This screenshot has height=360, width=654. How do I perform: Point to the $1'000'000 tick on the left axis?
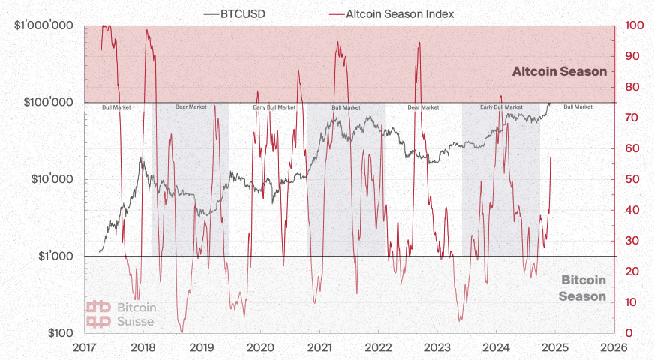(x=43, y=25)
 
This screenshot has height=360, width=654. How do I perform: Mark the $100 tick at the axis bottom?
(x=58, y=332)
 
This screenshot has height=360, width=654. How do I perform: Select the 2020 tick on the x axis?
(x=260, y=347)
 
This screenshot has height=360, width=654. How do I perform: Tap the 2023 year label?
(x=436, y=347)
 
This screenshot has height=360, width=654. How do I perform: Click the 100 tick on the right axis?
(x=634, y=25)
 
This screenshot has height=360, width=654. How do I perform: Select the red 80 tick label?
(x=631, y=87)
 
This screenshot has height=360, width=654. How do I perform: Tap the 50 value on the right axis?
(x=631, y=179)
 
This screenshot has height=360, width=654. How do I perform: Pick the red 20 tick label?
(x=631, y=271)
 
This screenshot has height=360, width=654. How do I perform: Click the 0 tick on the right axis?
(x=628, y=333)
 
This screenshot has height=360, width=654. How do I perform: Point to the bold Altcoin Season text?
(x=559, y=72)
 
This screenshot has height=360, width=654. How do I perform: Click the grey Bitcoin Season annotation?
(x=583, y=288)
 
